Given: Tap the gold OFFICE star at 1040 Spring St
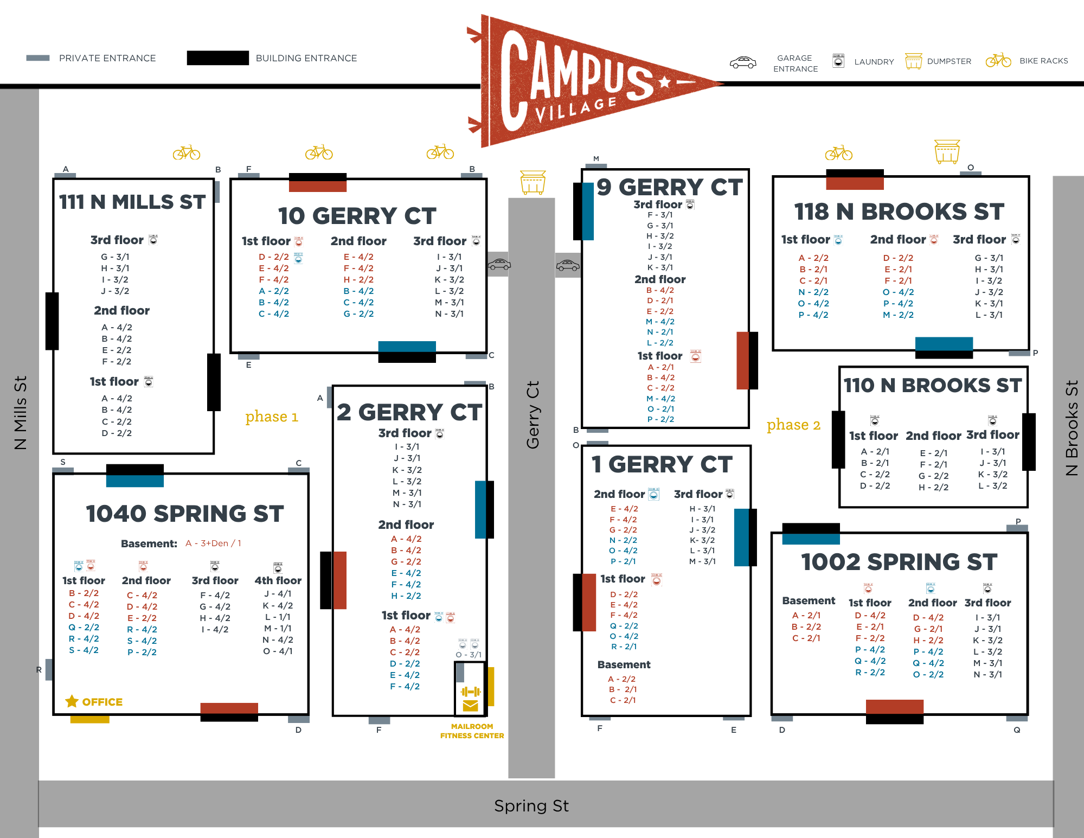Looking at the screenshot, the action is [72, 701].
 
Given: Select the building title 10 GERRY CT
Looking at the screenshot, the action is [357, 216].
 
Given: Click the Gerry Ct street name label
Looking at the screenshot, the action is [533, 415].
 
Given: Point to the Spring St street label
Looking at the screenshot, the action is [531, 806].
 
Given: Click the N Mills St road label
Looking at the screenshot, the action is [20, 413].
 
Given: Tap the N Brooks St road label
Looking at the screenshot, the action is [1072, 428].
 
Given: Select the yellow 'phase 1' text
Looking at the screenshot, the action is [272, 417].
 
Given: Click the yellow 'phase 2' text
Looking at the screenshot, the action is [793, 425].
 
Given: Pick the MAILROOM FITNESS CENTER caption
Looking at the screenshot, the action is [472, 731].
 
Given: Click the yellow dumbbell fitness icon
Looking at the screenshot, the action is [471, 692].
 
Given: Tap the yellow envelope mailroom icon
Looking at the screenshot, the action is [471, 706].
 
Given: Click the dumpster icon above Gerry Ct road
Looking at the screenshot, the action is [533, 182].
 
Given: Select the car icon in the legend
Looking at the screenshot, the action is [743, 62].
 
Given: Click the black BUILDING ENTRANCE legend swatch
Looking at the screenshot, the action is [218, 58].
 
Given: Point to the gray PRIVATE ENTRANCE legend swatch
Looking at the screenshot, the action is [38, 58].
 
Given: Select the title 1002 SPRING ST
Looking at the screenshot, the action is [899, 562].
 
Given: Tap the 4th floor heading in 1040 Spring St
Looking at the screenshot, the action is [278, 580].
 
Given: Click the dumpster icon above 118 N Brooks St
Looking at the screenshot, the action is [947, 151].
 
